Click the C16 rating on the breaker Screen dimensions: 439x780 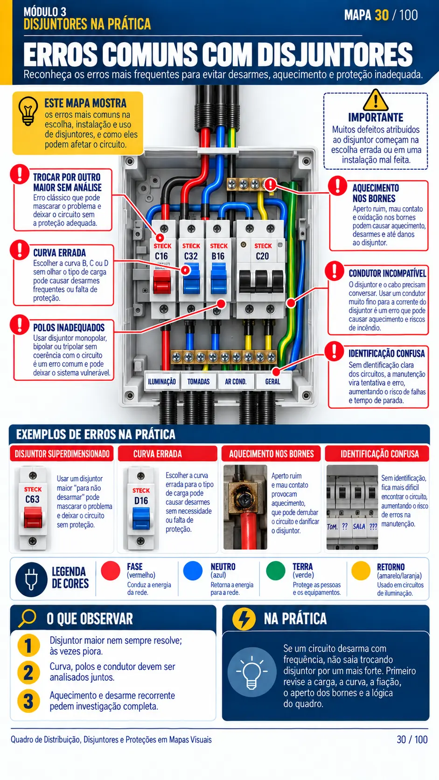[x=161, y=256]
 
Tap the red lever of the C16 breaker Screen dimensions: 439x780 [x=162, y=281]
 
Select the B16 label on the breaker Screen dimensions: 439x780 [x=218, y=256]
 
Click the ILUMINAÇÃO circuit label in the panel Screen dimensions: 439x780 [x=162, y=382]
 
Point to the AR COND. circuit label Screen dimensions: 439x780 [x=236, y=382]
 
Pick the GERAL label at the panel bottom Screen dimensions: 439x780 [x=272, y=382]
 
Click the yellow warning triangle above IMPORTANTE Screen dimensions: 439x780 [x=376, y=100]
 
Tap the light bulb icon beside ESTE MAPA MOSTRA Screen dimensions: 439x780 [x=28, y=111]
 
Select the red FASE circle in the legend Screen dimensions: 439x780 [x=111, y=571]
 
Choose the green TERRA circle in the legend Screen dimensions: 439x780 [x=276, y=571]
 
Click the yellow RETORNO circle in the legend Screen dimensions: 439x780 [x=361, y=571]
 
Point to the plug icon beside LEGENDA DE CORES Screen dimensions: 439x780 [x=31, y=579]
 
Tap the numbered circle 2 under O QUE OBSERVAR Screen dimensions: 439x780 [x=28, y=672]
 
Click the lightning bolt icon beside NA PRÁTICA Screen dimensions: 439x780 [x=244, y=619]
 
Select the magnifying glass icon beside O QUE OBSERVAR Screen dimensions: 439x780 [x=27, y=618]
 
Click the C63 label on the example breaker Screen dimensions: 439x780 [x=32, y=499]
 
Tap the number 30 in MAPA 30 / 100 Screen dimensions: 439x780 [x=382, y=15]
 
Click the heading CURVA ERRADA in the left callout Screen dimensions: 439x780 [x=60, y=252]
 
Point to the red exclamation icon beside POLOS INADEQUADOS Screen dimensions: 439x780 [x=20, y=325]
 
